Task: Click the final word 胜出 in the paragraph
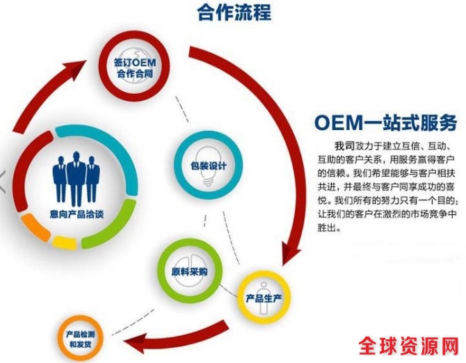click(x=328, y=228)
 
